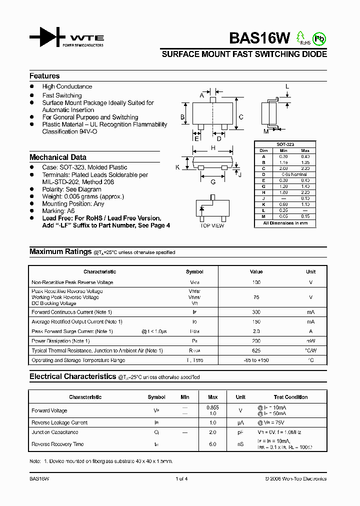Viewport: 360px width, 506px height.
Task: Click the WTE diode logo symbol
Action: click(x=47, y=37)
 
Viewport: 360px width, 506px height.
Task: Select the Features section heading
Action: click(x=44, y=76)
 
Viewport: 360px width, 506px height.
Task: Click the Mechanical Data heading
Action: click(x=58, y=157)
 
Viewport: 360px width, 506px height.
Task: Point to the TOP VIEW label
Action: click(x=212, y=226)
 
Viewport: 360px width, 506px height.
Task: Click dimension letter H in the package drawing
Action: click(x=213, y=148)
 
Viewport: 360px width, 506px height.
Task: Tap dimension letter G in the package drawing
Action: click(x=213, y=182)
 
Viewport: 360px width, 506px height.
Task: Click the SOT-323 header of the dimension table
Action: click(x=285, y=144)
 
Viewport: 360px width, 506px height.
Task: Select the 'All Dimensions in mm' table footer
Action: click(x=285, y=223)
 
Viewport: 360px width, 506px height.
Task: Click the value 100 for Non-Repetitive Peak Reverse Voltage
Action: click(x=256, y=282)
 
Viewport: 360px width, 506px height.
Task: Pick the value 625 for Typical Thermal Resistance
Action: click(x=256, y=350)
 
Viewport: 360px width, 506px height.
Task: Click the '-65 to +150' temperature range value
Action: click(x=256, y=360)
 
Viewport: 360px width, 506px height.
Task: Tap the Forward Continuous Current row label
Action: click(x=71, y=312)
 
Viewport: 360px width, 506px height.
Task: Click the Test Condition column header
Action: click(x=291, y=397)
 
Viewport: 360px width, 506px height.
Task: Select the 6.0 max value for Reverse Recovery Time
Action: click(x=212, y=444)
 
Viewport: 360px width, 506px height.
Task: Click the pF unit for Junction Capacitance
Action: click(x=240, y=432)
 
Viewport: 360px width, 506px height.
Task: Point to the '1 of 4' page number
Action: click(x=181, y=478)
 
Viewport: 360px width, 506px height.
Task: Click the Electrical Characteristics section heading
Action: click(x=72, y=376)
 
